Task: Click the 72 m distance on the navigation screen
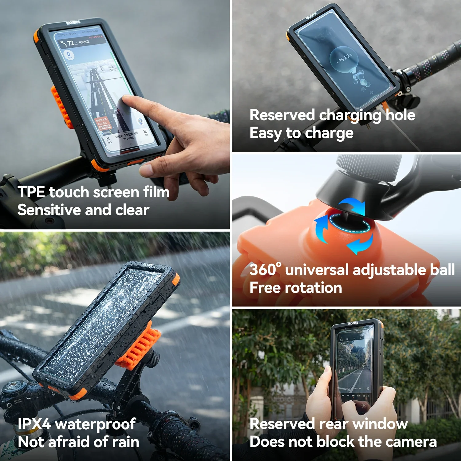[70, 43]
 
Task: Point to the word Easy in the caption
[266, 133]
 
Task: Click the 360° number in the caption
[265, 270]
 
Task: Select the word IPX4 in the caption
[34, 424]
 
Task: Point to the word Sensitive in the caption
[49, 210]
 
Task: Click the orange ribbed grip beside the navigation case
[60, 106]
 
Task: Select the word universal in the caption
[317, 270]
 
